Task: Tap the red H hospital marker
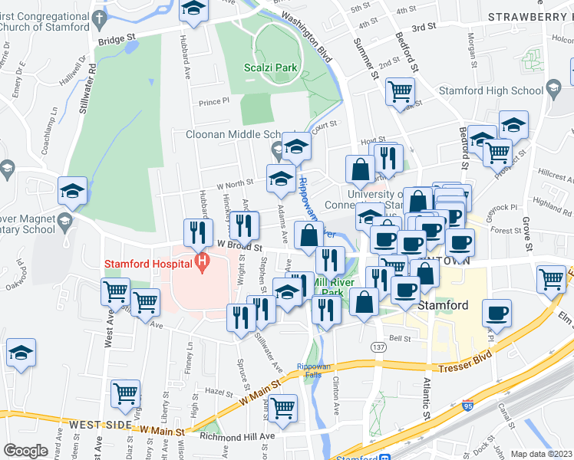202,264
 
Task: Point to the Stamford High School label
490,90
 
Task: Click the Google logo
25,451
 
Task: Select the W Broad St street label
240,247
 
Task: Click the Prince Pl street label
213,101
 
